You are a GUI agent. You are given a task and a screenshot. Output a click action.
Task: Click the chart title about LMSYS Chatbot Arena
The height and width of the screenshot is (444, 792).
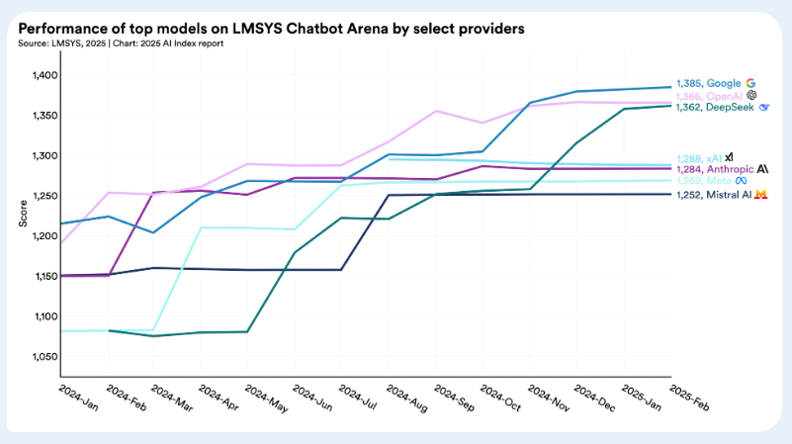271,29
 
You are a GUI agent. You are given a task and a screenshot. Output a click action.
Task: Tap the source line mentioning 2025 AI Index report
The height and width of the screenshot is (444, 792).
120,44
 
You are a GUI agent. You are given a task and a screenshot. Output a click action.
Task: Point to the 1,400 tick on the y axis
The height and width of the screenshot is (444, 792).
45,75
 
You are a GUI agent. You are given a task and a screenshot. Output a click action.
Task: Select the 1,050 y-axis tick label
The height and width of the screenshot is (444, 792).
45,356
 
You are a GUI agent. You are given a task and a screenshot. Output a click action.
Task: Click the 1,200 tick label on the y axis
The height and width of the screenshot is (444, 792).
45,235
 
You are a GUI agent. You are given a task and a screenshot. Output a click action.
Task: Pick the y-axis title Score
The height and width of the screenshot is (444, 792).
22,213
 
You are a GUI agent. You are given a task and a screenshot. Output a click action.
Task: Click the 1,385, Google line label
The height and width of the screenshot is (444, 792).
708,84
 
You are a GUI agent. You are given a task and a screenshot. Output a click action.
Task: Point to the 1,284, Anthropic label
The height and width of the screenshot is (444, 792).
715,168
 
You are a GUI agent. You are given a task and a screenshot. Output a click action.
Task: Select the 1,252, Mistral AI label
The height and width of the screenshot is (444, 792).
714,195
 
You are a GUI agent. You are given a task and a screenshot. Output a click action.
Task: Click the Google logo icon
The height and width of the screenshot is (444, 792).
751,84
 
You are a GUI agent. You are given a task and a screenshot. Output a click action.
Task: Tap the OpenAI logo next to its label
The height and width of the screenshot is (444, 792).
751,96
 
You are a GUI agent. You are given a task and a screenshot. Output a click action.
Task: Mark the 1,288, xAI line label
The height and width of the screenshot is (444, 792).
698,157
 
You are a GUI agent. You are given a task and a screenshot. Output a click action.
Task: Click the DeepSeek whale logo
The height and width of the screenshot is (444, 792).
764,107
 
